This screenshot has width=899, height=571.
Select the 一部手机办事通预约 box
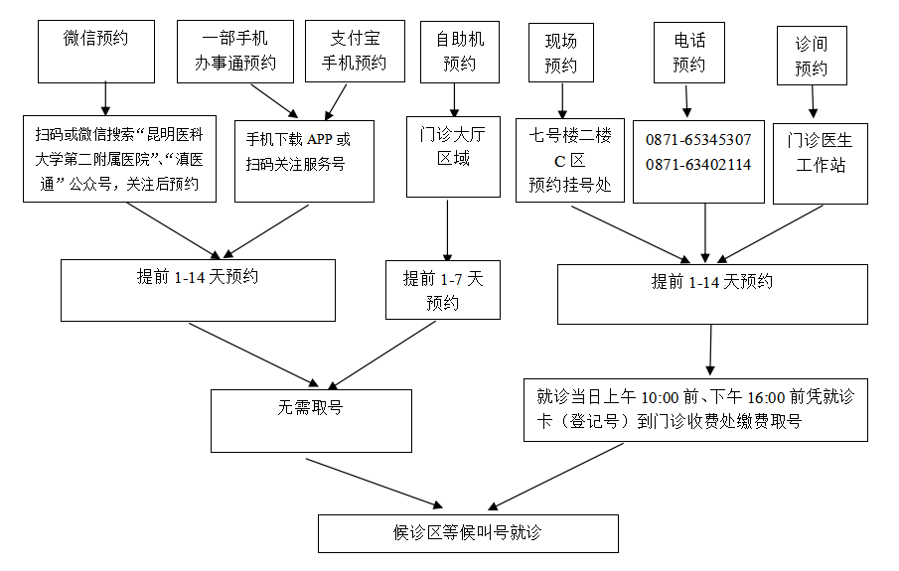[x=234, y=52]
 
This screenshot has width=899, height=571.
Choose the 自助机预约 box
[x=460, y=52]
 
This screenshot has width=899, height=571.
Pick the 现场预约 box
[x=561, y=53]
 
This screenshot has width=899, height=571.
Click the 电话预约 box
[x=688, y=53]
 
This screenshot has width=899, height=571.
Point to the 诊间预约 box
[x=812, y=56]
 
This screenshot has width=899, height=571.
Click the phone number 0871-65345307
[x=698, y=140]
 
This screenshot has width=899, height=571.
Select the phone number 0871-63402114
[x=698, y=164]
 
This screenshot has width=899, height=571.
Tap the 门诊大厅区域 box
[x=453, y=156]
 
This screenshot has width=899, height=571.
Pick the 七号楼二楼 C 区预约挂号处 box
[x=569, y=159]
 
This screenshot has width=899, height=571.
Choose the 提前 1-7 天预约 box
[x=442, y=290]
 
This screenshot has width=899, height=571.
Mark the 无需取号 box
[x=311, y=420]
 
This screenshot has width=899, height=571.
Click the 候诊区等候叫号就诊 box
[x=468, y=533]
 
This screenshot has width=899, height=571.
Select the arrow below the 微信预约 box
[x=104, y=99]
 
